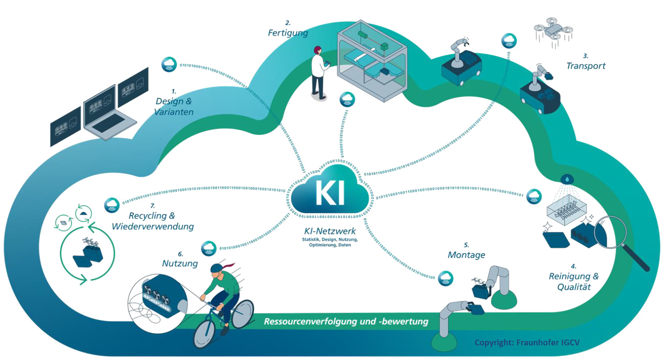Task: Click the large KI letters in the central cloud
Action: coord(330,192)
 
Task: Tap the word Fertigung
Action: coord(287,33)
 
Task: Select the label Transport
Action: coord(586,66)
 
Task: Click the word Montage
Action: coord(466,255)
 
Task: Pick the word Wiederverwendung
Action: coord(153,227)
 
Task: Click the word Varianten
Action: coord(174,112)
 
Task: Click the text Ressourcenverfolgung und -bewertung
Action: coord(346,321)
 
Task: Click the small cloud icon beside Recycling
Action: coord(112,205)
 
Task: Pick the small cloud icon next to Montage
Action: coord(446,278)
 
